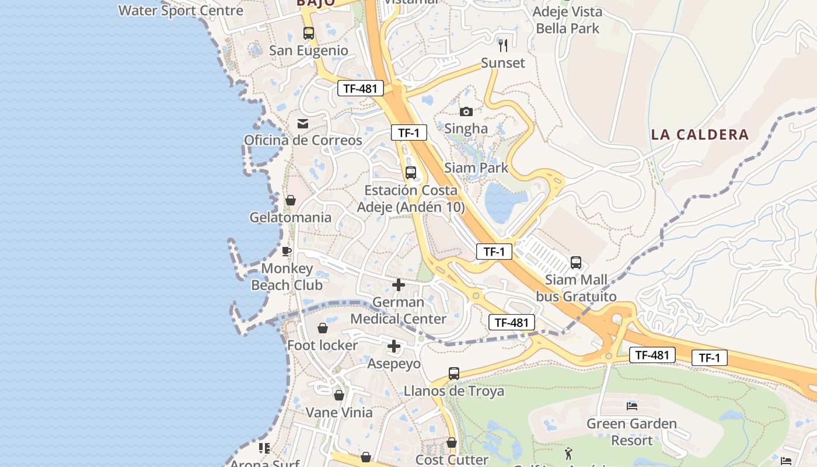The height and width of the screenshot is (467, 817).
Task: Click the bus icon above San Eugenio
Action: click(x=309, y=33)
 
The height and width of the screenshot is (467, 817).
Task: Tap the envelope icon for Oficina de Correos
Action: click(x=303, y=124)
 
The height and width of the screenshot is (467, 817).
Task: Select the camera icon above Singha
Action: click(x=466, y=111)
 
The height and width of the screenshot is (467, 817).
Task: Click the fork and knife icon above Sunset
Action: click(x=503, y=45)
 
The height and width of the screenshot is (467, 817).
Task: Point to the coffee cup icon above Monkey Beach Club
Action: click(x=287, y=252)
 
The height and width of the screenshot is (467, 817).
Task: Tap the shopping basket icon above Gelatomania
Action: click(x=291, y=201)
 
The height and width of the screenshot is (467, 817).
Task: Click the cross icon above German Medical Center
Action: click(x=399, y=285)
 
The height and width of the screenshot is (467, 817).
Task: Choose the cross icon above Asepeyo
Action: click(x=394, y=347)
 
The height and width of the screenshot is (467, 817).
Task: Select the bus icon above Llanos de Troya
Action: click(x=454, y=374)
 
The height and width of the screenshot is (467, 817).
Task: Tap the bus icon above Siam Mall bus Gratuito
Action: click(x=576, y=263)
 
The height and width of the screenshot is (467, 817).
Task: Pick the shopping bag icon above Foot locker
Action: click(x=322, y=329)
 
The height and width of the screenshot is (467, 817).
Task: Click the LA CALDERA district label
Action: click(x=700, y=135)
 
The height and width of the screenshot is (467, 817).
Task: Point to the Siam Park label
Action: click(x=476, y=168)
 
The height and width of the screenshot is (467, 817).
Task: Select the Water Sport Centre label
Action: click(x=181, y=11)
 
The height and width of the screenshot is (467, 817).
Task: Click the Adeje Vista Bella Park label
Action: click(x=567, y=20)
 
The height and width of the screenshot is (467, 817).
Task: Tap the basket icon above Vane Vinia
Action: click(x=339, y=396)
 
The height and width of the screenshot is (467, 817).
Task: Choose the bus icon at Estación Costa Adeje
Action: click(x=411, y=173)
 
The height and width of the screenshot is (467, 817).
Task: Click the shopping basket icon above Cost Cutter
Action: click(x=452, y=443)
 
